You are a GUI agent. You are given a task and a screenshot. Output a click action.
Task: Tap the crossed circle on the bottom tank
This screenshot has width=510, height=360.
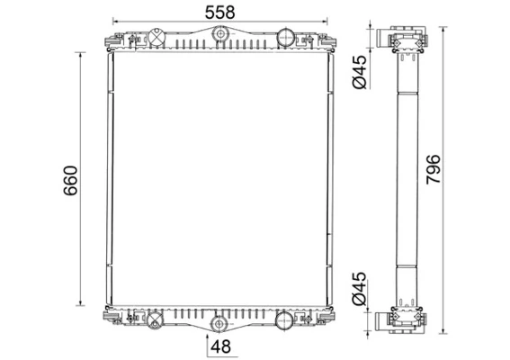[x=155, y=319]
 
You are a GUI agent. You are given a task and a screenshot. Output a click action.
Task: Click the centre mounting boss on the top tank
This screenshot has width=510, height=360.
[x=219, y=35]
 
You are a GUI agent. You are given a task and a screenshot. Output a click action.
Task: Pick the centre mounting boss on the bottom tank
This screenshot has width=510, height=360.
[x=219, y=323]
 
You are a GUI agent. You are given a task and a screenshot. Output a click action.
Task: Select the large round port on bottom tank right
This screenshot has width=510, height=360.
[x=284, y=319]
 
